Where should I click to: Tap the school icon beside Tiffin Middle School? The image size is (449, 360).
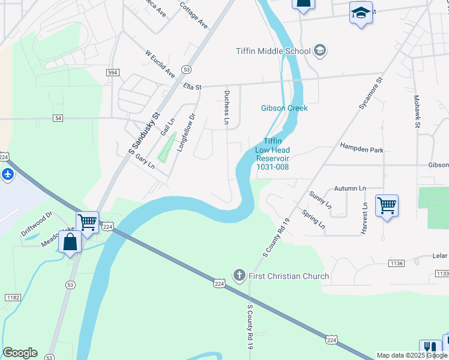[320, 50]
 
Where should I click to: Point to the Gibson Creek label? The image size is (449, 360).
[284, 108]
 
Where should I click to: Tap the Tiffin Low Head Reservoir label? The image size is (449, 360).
[273, 158]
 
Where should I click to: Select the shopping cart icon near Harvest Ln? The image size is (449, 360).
[387, 206]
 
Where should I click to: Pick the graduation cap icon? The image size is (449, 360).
[361, 13]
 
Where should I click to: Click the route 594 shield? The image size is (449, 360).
[113, 73]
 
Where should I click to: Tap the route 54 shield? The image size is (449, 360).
[58, 118]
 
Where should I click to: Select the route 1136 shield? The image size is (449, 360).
[396, 263]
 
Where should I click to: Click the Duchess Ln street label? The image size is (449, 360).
[227, 108]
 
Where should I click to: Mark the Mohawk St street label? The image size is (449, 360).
[416, 111]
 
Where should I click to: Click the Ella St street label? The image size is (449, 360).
[193, 87]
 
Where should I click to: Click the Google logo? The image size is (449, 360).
[20, 353]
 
